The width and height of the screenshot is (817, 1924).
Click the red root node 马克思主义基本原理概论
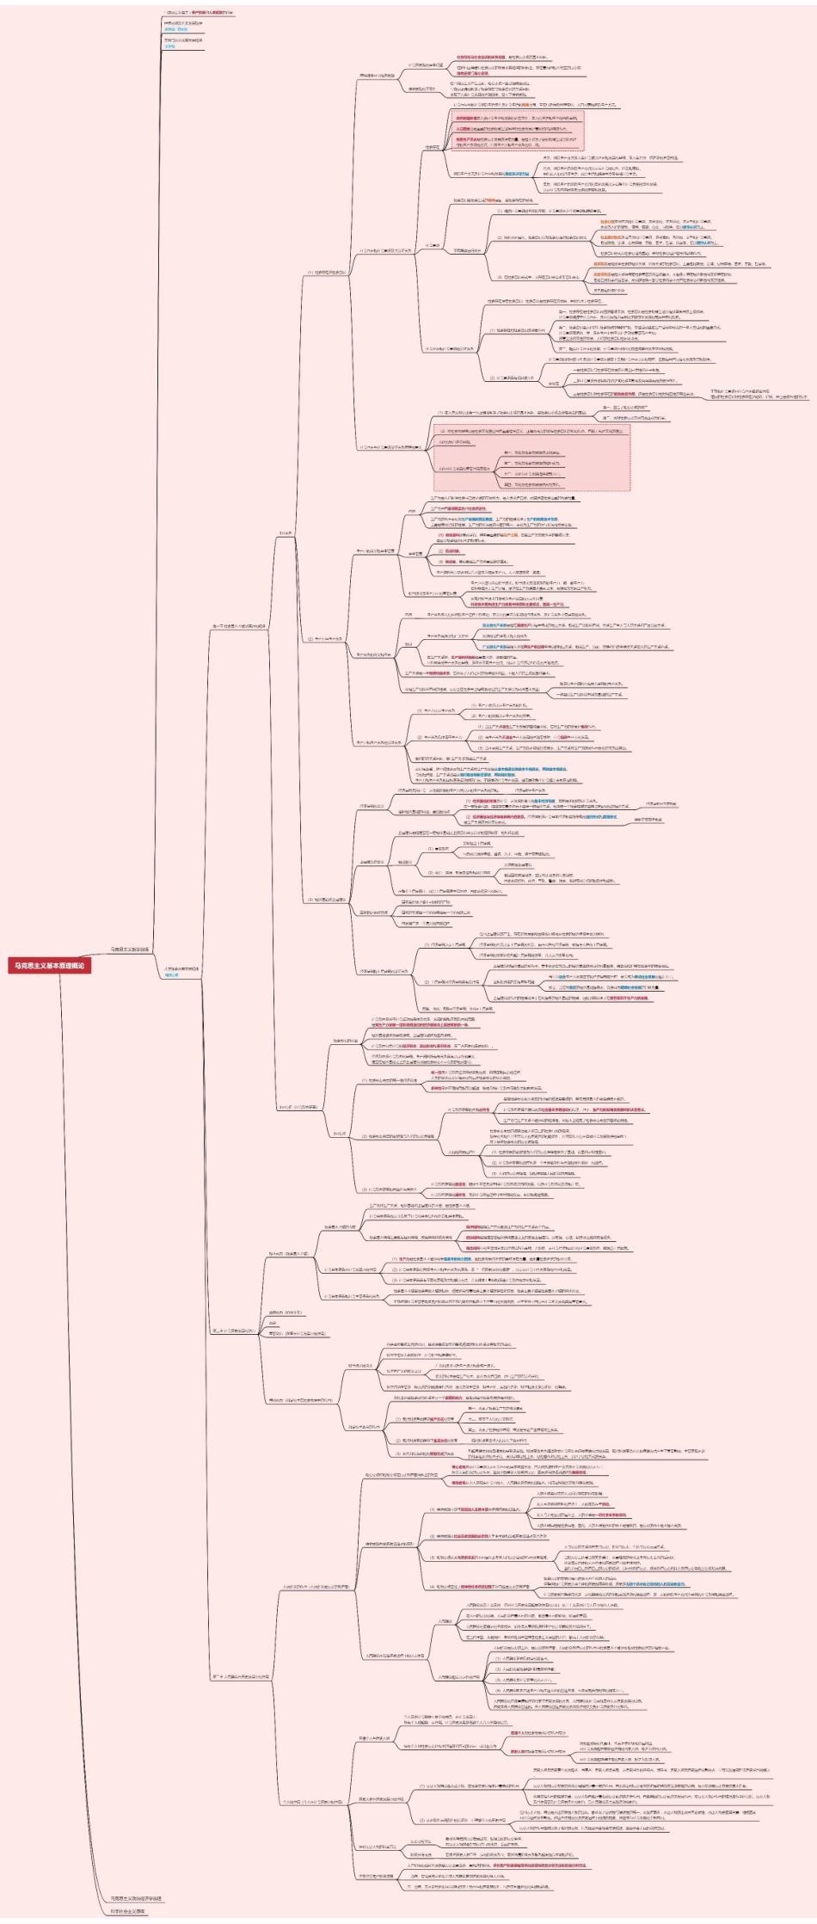[49, 965]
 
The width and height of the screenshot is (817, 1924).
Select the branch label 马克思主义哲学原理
[130, 950]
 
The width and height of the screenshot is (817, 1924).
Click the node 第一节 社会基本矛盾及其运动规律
[239, 626]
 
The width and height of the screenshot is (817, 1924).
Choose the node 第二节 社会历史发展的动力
[233, 1331]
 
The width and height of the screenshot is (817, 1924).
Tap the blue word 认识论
[169, 46]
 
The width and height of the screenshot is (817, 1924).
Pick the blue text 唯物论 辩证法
[175, 28]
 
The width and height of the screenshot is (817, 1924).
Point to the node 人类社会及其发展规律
[181, 968]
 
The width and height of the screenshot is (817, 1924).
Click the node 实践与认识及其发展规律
[183, 40]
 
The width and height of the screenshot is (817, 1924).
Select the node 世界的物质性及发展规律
[183, 22]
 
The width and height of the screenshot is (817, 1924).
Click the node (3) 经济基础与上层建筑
[328, 900]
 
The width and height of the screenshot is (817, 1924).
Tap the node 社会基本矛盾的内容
[340, 1226]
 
